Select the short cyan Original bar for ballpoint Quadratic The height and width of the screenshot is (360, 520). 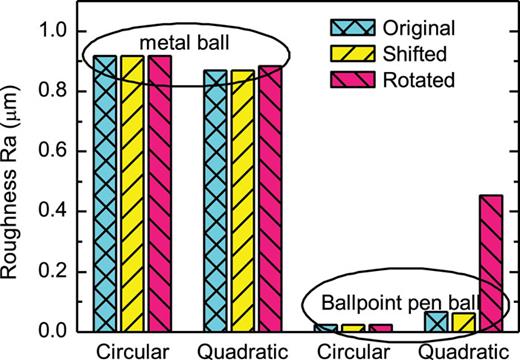tap(435, 321)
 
